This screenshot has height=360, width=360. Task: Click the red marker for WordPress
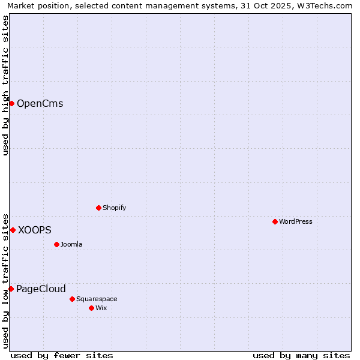(275, 221)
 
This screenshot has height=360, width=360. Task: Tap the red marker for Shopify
(98, 208)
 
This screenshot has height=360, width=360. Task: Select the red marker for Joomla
(56, 244)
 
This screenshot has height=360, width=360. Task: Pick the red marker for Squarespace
(72, 299)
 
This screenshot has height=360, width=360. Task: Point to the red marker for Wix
(91, 308)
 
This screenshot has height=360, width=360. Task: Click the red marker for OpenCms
(11, 103)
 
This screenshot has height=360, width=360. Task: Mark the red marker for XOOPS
(13, 230)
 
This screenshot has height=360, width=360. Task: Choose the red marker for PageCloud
(11, 289)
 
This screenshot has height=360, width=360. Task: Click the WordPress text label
(296, 221)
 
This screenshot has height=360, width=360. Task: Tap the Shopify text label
(115, 208)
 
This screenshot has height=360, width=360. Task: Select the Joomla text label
(71, 244)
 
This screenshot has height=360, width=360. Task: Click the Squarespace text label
(97, 299)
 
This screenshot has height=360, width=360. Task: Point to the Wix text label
(101, 308)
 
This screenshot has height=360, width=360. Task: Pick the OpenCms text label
(40, 103)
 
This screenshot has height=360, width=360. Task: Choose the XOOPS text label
(35, 230)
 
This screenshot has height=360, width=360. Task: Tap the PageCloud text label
(41, 289)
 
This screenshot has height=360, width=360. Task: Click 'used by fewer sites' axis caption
(62, 355)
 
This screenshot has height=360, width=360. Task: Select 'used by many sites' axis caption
(301, 355)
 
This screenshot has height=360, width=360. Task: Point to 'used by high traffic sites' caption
(5, 85)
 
